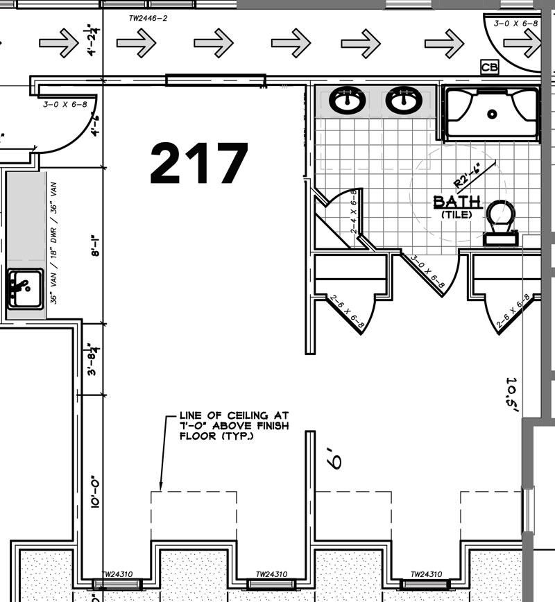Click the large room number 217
pyautogui.click(x=199, y=163)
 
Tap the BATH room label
pyautogui.click(x=456, y=202)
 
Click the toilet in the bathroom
pyautogui.click(x=500, y=223)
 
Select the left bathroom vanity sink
pyautogui.click(x=347, y=101)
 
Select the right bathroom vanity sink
pyautogui.click(x=404, y=101)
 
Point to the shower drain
pyautogui.click(x=492, y=114)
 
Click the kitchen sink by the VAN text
pyautogui.click(x=26, y=289)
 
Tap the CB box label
pyautogui.click(x=490, y=67)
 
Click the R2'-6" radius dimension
pyautogui.click(x=468, y=176)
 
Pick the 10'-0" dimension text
pyautogui.click(x=95, y=492)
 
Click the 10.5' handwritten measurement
pyautogui.click(x=512, y=395)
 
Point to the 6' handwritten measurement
pyautogui.click(x=334, y=458)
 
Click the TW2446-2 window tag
pyautogui.click(x=148, y=18)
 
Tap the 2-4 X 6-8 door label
pyautogui.click(x=354, y=211)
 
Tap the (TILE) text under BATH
pyautogui.click(x=456, y=214)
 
